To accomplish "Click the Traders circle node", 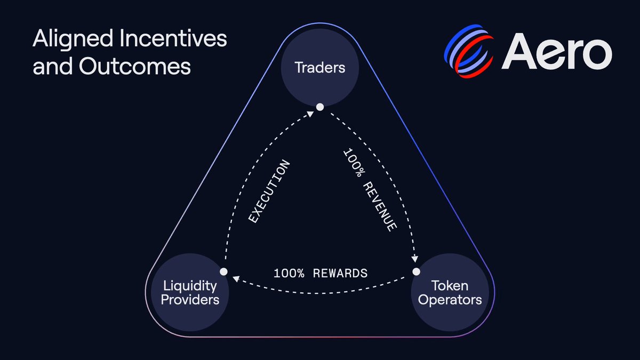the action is point(320,67).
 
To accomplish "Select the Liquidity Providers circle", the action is point(190,292).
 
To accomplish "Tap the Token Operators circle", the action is point(450,292).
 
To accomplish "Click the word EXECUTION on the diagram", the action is point(269,191).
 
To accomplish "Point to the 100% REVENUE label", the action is point(370,190).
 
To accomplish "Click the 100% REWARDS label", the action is point(321,274).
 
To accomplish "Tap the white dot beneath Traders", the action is point(320,107).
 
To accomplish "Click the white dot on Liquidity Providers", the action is point(223,271).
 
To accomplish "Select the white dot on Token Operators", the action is point(417,271).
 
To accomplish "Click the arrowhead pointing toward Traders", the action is point(310,114).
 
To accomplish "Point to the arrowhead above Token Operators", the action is point(414,259).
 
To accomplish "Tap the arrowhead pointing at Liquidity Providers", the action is point(236,278).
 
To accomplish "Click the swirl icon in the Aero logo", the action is point(469,51).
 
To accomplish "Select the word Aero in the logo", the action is point(557,51).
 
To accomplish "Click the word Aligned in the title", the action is point(73,39).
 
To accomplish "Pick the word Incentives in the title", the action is point(173,38).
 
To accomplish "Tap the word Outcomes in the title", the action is point(135,66).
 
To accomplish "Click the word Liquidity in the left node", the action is point(190,286).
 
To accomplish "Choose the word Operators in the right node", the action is point(450,300).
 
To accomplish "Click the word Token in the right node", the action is point(450,286).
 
